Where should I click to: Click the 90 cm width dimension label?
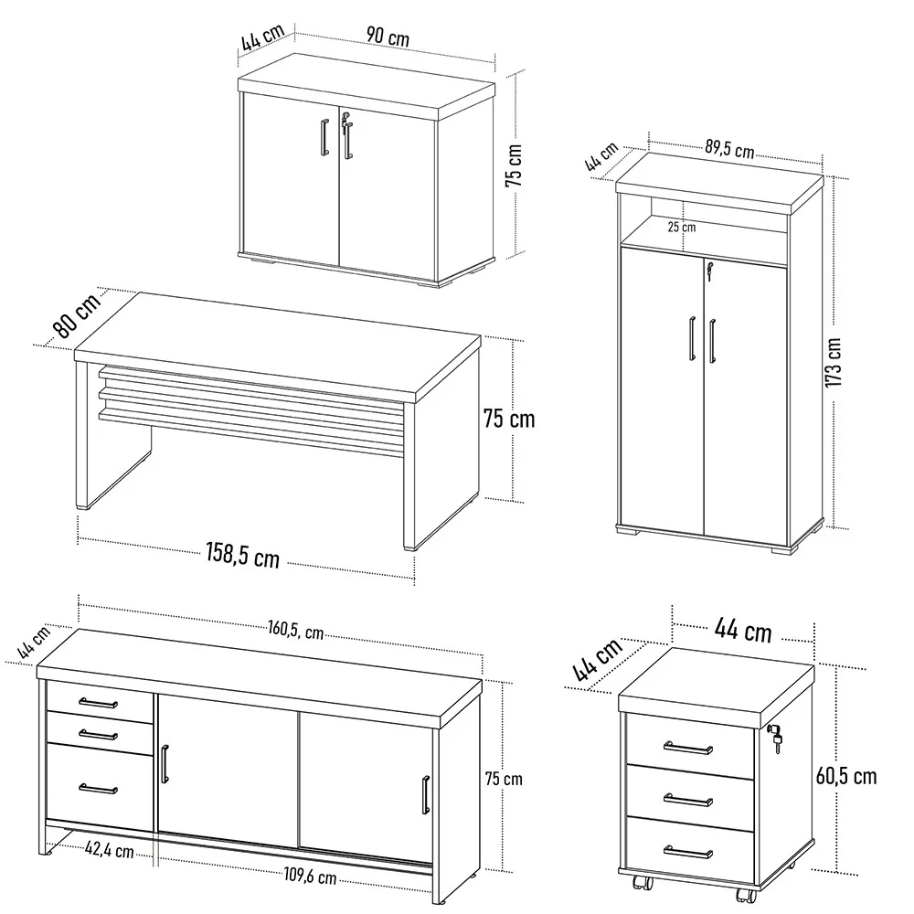click(x=388, y=37)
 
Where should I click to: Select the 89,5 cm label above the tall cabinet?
click(x=729, y=150)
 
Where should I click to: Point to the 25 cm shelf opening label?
click(x=681, y=226)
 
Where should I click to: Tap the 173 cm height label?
click(x=833, y=363)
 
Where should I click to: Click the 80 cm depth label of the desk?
click(x=76, y=315)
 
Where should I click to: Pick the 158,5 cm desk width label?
click(x=241, y=555)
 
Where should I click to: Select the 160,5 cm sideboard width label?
click(x=296, y=631)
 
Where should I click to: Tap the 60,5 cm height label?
click(x=845, y=776)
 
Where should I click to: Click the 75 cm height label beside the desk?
click(x=508, y=420)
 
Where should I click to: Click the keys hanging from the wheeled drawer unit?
click(x=777, y=739)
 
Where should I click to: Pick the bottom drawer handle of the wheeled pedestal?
click(x=688, y=853)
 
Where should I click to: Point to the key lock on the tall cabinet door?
click(x=708, y=268)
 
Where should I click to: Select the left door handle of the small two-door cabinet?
click(x=324, y=139)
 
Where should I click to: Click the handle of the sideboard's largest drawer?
click(x=98, y=788)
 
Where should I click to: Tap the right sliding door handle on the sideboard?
click(x=426, y=793)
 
